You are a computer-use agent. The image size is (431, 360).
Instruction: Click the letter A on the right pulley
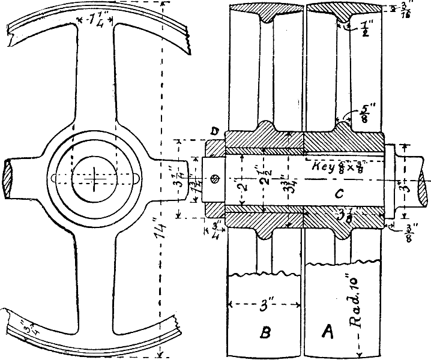tap(328, 331)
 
